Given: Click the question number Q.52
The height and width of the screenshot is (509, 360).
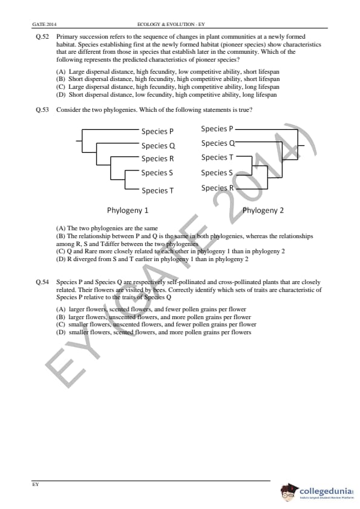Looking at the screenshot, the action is (42, 37).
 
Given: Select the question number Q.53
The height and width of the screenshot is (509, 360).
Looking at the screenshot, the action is (42, 110).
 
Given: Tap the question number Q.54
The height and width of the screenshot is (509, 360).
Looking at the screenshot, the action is (42, 282).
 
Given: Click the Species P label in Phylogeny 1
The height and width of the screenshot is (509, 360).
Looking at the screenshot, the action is (157, 131).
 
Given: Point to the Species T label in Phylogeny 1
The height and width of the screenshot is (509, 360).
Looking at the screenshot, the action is (157, 190).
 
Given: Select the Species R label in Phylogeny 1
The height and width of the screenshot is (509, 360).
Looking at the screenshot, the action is (157, 159).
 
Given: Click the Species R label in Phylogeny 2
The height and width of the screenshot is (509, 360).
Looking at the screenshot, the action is (217, 188).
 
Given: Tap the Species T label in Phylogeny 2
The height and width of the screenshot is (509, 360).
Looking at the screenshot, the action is (217, 157).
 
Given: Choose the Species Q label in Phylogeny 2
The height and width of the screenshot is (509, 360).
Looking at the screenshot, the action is (218, 143).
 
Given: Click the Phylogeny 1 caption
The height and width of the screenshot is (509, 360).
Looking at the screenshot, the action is (128, 210).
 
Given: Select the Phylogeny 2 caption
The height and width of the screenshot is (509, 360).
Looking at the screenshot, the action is (263, 210).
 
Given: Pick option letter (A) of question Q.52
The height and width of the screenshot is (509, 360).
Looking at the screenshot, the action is (61, 72).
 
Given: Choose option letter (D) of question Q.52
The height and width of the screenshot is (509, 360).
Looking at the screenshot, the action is (61, 95).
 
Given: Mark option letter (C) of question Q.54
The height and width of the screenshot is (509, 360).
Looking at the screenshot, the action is (61, 324).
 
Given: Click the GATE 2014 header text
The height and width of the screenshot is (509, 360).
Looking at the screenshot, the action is (44, 24).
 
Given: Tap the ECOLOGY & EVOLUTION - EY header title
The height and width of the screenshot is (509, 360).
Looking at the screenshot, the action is (171, 24).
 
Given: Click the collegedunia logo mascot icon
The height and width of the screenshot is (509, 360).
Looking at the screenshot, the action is (289, 491).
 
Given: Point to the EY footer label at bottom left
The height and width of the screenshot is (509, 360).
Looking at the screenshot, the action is (36, 484).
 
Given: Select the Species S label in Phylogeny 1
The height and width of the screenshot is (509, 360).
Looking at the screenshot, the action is (157, 173).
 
